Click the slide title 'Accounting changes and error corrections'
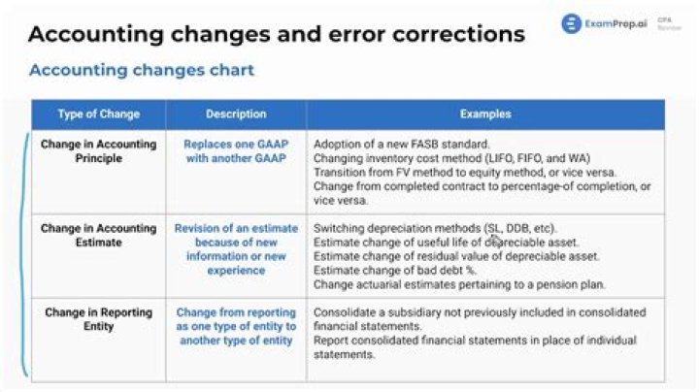pos(276,34)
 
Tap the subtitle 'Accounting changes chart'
pos(142,70)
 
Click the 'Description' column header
pos(236,114)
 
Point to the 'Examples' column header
pos(484,114)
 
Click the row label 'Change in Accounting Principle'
pos(97,150)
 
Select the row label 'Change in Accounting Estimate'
pos(97,236)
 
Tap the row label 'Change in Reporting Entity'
pos(97,319)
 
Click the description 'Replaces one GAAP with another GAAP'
pos(236,150)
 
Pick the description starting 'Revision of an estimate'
pos(236,249)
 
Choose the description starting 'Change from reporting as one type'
pos(236,326)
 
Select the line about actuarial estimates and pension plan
pos(459,284)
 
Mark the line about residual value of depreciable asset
pos(456,256)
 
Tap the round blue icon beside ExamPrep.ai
pos(571,23)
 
